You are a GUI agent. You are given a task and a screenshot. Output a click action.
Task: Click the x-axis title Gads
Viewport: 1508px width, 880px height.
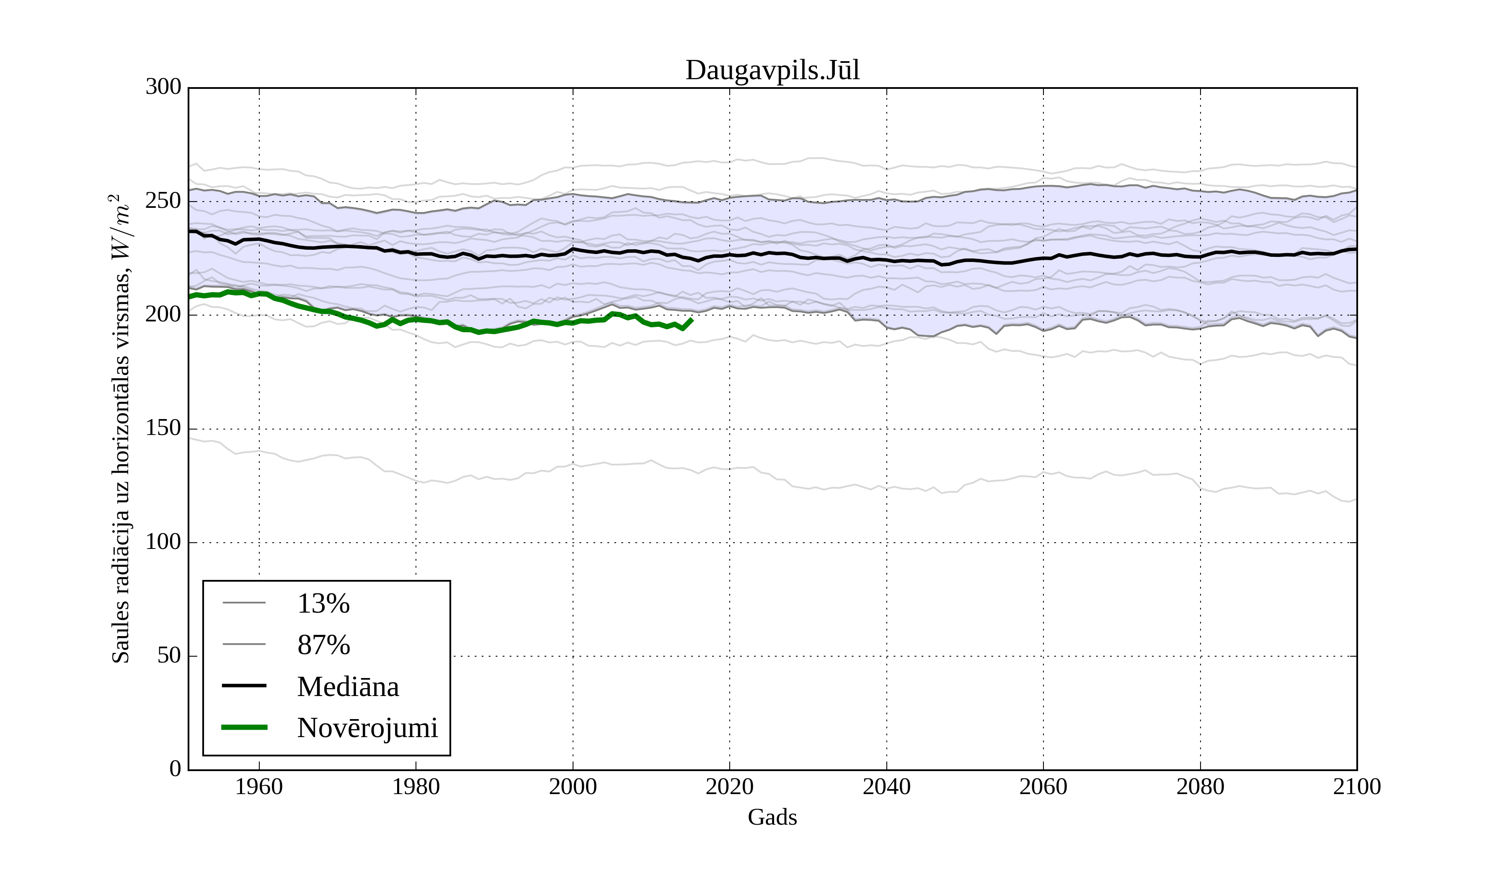click(x=772, y=817)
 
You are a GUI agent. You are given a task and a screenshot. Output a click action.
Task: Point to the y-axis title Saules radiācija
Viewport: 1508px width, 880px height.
click(x=121, y=429)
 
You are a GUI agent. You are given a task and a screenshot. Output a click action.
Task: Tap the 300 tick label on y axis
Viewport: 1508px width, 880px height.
click(x=163, y=88)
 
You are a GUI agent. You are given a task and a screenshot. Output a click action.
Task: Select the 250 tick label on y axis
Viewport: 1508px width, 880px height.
click(x=163, y=201)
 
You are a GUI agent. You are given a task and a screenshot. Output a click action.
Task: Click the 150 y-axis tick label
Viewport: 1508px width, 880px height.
click(x=163, y=429)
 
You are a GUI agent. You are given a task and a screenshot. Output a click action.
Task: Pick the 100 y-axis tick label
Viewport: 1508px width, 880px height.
click(x=163, y=542)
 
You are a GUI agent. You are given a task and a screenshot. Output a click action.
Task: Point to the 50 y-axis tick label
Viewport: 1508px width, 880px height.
click(x=169, y=656)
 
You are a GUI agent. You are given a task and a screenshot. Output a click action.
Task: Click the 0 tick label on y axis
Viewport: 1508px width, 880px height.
click(x=176, y=769)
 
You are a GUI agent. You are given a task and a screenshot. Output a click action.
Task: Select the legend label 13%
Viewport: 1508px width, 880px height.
click(x=323, y=603)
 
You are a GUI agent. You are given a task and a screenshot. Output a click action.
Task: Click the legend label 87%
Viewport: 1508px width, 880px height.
click(x=323, y=645)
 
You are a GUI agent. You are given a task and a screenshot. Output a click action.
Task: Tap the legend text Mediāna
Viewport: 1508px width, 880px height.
click(x=348, y=687)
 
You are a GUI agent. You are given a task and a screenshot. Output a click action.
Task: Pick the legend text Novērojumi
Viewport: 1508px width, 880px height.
click(x=367, y=728)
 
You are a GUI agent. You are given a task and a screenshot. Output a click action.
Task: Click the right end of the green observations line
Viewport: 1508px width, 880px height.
click(x=692, y=320)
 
